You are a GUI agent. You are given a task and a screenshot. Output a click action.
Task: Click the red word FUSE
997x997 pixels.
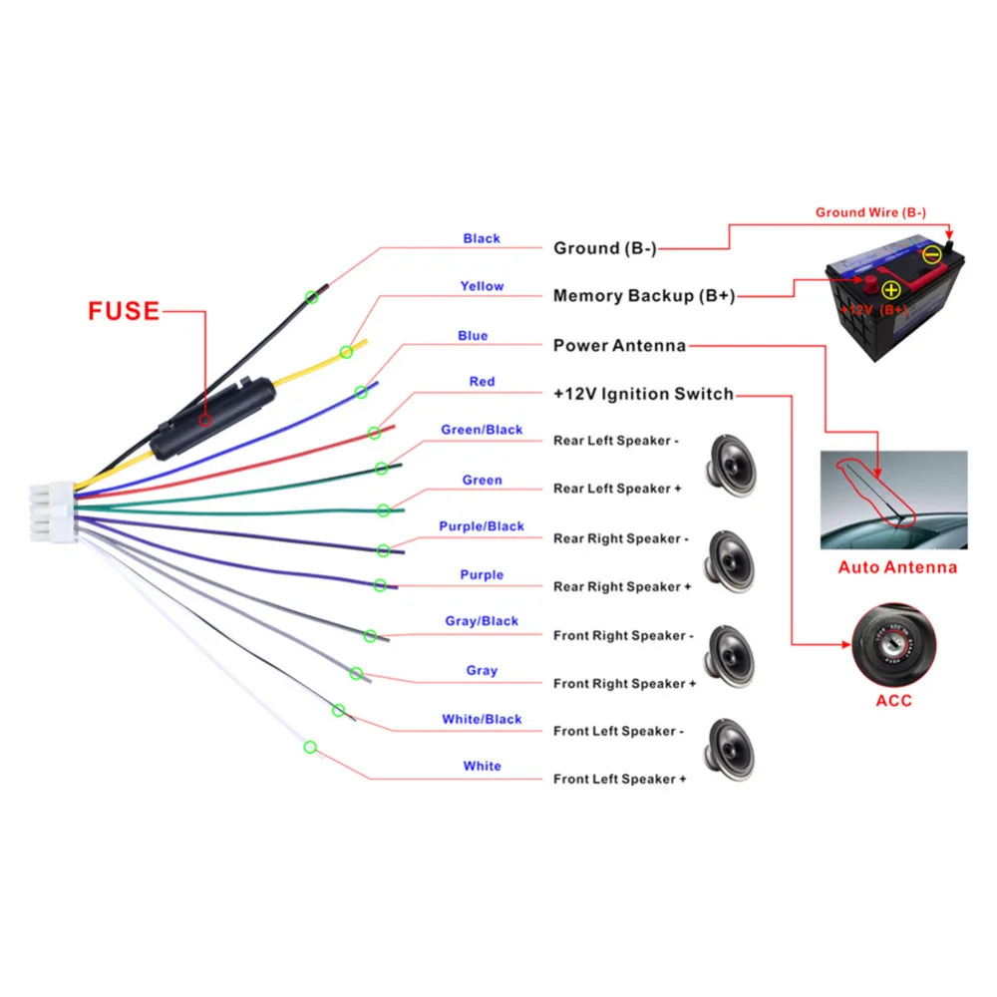[x=124, y=311]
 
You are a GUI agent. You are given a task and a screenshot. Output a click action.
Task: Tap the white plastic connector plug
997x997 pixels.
[x=54, y=512]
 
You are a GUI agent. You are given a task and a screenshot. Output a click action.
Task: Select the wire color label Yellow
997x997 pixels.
[x=482, y=286]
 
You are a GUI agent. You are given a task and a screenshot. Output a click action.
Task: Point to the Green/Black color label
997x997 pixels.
[x=482, y=430]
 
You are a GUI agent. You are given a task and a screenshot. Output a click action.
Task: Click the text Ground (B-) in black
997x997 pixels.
[x=605, y=248]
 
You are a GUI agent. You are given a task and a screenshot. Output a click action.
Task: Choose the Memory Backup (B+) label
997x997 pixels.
[x=644, y=296]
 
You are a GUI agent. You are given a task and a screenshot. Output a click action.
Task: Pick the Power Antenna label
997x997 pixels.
[x=619, y=345]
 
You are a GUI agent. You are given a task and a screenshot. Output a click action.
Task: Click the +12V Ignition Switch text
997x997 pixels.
[x=643, y=394]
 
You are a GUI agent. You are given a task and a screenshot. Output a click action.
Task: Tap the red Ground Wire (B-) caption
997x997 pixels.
[x=870, y=212]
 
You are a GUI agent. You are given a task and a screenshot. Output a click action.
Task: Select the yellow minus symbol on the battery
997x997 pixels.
[x=931, y=255]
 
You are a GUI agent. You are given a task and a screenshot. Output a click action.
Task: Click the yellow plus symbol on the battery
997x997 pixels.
[x=891, y=290]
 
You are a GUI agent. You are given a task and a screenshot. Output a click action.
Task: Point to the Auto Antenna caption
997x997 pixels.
[x=897, y=567]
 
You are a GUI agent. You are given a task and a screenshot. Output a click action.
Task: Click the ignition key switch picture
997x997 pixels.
[x=893, y=645]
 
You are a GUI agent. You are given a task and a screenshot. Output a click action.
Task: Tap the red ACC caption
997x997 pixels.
[x=893, y=701]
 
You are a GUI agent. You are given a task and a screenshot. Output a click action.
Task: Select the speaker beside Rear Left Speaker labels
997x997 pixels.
[x=731, y=466]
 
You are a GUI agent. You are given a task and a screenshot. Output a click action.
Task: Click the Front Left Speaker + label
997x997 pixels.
[x=619, y=779]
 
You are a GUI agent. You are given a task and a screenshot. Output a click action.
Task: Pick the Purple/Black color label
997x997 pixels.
[x=482, y=526]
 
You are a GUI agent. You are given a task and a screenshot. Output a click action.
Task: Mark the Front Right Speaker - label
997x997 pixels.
[x=623, y=635]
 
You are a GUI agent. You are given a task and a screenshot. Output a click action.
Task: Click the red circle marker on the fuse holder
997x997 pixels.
[x=204, y=421]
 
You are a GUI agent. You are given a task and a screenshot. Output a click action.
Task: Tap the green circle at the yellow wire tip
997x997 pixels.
[x=346, y=352]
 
